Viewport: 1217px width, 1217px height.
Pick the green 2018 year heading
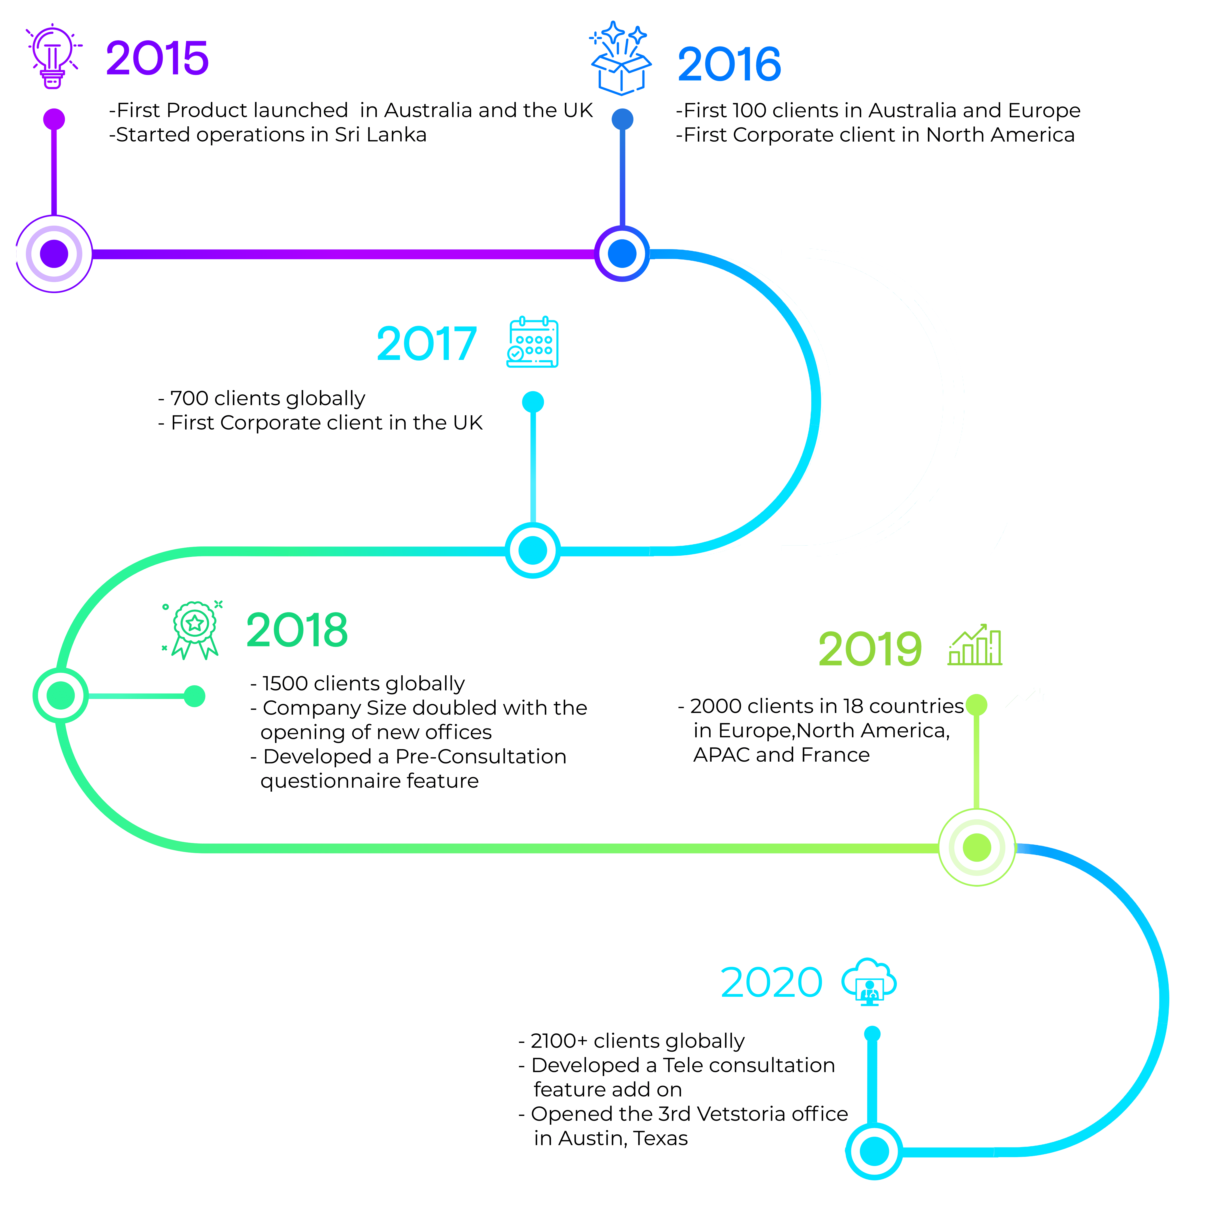coord(297,630)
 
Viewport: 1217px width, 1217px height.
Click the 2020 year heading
coord(772,983)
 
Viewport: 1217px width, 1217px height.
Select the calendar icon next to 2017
coord(533,342)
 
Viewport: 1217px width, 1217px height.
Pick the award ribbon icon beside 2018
coord(194,630)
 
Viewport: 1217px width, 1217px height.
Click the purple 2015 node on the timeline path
coord(54,254)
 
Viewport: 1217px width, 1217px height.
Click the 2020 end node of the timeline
coord(874,1151)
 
